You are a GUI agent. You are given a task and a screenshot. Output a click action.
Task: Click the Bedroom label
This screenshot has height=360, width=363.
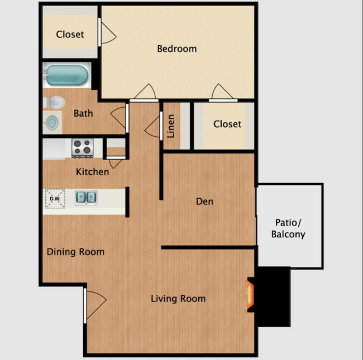point(176,49)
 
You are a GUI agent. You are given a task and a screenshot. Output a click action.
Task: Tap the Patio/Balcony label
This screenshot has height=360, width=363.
point(288,228)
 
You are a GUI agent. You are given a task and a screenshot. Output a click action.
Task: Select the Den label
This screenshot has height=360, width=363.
point(204,201)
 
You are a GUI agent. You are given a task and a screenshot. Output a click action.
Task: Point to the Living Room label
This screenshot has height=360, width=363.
point(178,299)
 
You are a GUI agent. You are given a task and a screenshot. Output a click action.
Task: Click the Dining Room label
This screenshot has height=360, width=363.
point(75,252)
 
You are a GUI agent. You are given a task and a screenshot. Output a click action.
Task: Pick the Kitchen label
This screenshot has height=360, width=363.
point(92,171)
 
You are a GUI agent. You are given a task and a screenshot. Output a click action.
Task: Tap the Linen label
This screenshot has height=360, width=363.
point(171,126)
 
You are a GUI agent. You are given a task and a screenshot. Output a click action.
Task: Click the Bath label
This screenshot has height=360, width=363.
point(83,113)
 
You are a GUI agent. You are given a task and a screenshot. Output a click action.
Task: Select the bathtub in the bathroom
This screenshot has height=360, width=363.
point(67,75)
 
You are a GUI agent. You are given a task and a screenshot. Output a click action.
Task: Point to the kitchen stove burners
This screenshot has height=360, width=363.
point(82,147)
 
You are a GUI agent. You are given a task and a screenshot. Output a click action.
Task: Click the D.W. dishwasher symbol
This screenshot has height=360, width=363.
point(55,198)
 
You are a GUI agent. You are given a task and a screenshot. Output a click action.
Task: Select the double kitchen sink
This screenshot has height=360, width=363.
point(85,197)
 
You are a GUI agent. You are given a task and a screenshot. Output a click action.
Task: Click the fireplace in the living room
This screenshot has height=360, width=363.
point(251,294)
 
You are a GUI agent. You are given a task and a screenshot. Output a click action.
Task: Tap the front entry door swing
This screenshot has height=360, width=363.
point(95,304)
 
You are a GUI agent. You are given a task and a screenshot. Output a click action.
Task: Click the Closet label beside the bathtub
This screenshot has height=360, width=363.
point(70,34)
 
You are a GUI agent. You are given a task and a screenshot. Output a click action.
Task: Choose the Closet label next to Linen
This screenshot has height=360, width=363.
point(227,123)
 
